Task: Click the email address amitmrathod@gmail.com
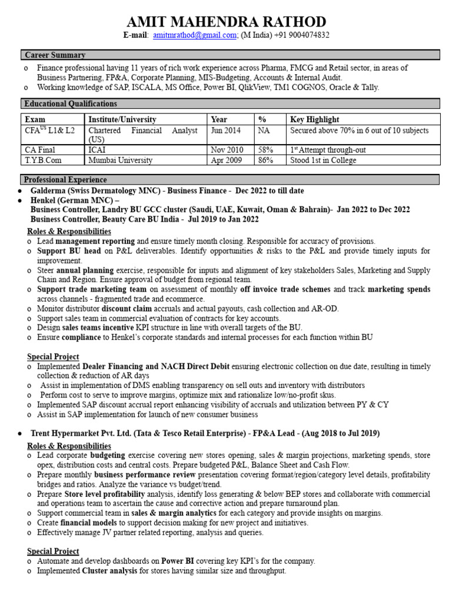point(195,36)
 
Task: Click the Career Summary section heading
point(55,55)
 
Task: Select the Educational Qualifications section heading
point(70,103)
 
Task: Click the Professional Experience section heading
point(65,180)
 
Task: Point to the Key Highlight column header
point(314,119)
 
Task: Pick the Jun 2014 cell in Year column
point(226,131)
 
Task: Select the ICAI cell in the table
point(98,150)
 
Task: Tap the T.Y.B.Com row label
point(43,160)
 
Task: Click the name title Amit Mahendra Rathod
point(227,22)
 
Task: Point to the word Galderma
point(48,191)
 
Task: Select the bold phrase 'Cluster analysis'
point(109,571)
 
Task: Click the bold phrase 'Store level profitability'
point(104,494)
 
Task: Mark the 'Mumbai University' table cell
point(120,160)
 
